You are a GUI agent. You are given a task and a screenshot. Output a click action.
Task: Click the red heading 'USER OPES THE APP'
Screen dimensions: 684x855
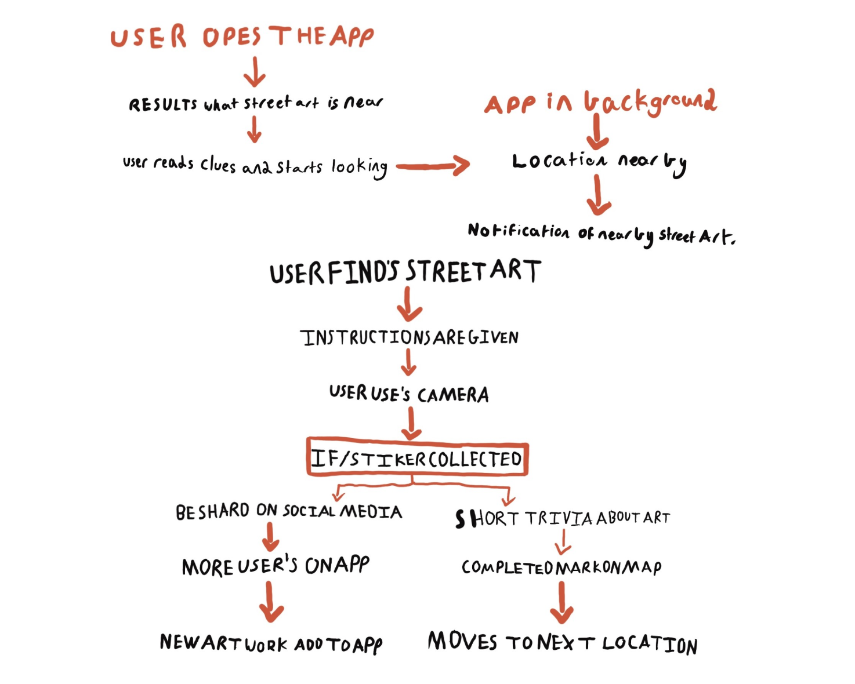click(x=242, y=37)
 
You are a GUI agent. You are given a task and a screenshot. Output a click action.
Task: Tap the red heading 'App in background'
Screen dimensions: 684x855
click(x=600, y=103)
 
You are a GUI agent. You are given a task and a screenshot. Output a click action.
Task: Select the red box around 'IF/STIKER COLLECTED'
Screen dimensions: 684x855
click(x=417, y=458)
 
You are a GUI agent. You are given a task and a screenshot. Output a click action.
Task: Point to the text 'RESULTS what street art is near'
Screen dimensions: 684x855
click(x=255, y=104)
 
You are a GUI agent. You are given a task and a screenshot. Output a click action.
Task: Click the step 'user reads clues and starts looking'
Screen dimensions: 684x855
click(x=255, y=166)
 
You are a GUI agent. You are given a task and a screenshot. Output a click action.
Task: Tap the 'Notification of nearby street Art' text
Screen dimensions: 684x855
click(x=601, y=233)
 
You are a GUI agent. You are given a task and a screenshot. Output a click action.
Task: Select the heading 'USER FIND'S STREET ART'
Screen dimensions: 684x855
click(x=405, y=272)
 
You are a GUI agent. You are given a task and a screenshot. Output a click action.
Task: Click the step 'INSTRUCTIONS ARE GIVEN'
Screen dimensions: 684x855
click(x=409, y=337)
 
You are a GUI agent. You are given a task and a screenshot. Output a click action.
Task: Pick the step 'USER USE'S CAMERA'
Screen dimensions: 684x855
click(x=409, y=394)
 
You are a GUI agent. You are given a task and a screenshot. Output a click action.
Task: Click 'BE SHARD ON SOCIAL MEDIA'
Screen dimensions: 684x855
click(x=288, y=511)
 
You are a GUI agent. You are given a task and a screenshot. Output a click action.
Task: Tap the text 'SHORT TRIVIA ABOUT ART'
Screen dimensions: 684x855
click(x=562, y=518)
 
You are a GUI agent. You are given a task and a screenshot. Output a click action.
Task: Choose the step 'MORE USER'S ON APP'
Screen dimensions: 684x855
click(x=276, y=566)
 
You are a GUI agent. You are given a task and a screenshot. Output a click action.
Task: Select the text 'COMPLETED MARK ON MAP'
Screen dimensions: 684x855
click(x=561, y=567)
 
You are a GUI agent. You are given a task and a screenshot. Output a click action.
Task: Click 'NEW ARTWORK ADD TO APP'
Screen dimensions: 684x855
click(x=271, y=643)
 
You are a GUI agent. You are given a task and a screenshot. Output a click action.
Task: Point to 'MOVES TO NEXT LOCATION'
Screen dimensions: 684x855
click(x=562, y=643)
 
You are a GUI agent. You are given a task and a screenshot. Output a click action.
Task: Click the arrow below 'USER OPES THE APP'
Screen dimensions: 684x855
click(x=255, y=71)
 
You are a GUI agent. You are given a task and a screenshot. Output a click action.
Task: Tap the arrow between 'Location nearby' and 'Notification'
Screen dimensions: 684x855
click(x=598, y=196)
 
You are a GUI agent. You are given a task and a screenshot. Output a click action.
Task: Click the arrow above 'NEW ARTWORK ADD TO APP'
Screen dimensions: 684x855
click(x=270, y=602)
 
